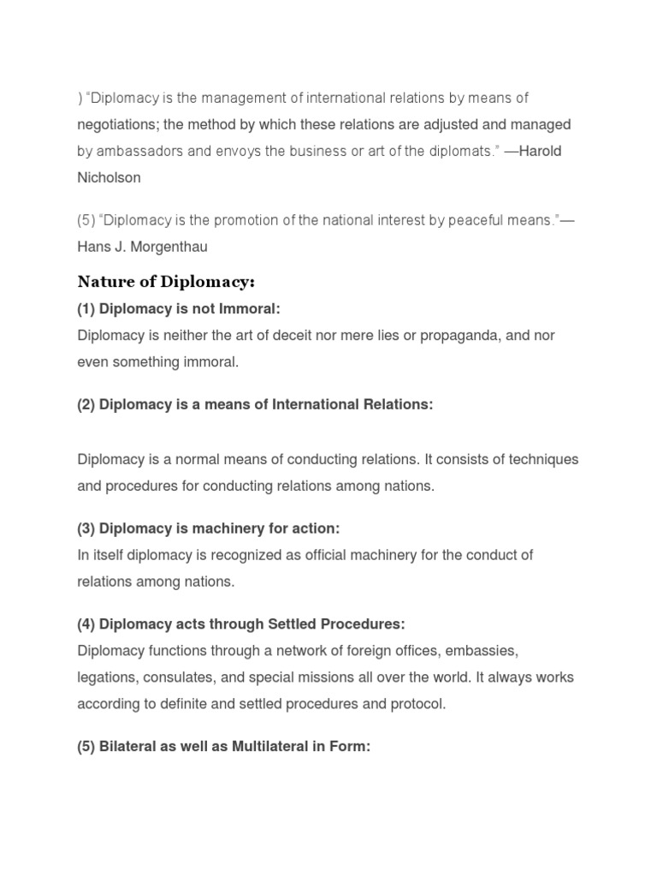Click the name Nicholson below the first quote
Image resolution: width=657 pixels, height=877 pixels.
tap(109, 178)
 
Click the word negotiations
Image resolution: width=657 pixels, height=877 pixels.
tap(117, 125)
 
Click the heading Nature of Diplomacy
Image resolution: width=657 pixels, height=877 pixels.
tap(166, 282)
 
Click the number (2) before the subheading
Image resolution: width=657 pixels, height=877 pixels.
tap(86, 405)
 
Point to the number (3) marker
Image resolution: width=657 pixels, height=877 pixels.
tap(86, 528)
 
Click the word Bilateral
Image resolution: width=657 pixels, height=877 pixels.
tap(127, 747)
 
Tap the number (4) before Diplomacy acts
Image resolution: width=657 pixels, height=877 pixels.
tap(86, 624)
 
